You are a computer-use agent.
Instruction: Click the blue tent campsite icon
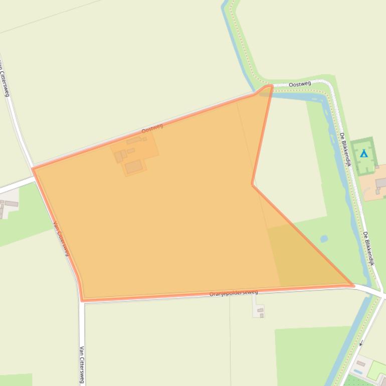click(364, 154)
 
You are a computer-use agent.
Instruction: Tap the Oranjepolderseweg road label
click(234, 293)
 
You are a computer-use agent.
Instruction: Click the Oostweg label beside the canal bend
click(300, 84)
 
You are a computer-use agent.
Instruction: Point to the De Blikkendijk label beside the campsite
click(345, 150)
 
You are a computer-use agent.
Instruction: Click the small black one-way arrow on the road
click(360, 343)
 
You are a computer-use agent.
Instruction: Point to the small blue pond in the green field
click(324, 239)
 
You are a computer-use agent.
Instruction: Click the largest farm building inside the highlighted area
click(133, 167)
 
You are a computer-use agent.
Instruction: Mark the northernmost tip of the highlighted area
click(271, 86)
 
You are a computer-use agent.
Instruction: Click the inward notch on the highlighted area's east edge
click(253, 184)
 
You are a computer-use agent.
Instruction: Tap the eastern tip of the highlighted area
click(353, 286)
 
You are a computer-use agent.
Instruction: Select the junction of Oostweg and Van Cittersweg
click(33, 167)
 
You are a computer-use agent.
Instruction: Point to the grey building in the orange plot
click(381, 182)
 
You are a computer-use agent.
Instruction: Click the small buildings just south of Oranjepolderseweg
click(260, 312)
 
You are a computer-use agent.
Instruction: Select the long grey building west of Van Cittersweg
click(11, 204)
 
